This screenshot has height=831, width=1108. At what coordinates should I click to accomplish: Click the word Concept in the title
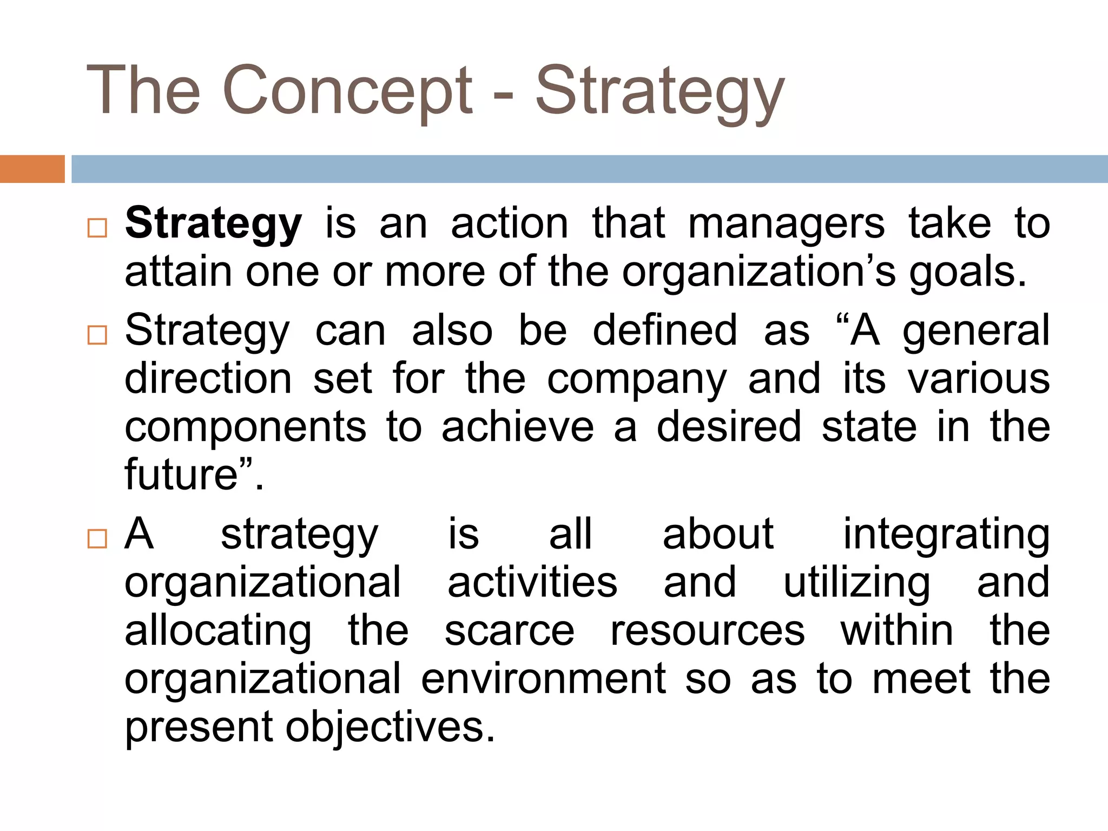347,90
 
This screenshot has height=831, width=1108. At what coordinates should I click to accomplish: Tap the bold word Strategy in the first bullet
213,223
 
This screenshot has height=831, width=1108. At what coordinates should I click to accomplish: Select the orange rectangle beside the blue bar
32,169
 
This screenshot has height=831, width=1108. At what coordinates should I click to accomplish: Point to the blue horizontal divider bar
589,169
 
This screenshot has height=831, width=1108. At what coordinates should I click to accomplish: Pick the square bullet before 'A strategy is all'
97,539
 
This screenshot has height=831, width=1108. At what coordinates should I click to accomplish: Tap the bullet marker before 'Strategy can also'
97,335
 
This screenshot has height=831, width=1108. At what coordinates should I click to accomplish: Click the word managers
786,223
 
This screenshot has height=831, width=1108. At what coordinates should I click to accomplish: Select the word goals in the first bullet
966,272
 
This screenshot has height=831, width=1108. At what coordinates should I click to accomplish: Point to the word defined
665,330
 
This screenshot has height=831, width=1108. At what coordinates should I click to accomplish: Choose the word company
637,379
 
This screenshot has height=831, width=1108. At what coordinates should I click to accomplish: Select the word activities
532,583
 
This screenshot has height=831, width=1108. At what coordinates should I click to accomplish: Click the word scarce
509,631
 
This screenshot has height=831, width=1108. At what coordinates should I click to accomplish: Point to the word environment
543,678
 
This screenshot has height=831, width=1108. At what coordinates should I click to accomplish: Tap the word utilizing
856,583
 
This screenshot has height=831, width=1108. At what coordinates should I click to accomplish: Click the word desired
729,427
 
